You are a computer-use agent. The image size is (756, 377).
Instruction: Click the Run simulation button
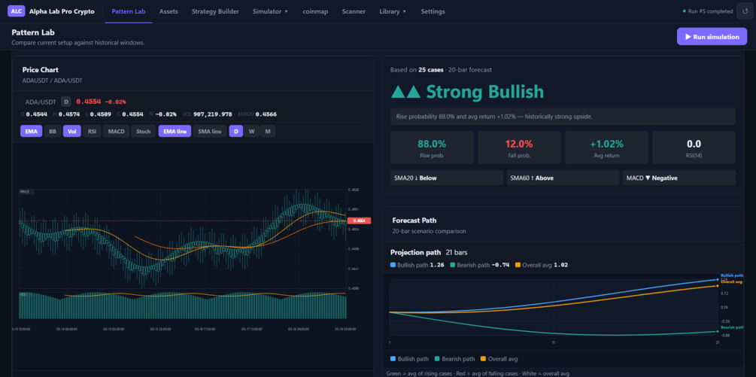tap(712, 36)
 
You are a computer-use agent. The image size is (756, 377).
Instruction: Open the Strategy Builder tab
tap(215, 11)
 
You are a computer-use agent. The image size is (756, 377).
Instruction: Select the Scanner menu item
tap(354, 11)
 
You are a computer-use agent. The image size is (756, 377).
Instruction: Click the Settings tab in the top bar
tap(433, 11)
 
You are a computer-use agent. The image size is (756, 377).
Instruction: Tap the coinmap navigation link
tap(315, 11)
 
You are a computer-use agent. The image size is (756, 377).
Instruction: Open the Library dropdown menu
tap(393, 11)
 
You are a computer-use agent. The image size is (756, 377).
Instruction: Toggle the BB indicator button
tap(52, 131)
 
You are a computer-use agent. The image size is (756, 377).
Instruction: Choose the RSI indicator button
tap(93, 131)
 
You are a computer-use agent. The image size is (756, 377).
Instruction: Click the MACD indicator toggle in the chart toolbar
tap(117, 131)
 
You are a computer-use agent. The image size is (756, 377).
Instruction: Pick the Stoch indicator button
tap(143, 131)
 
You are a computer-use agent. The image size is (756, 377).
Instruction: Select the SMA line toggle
tap(210, 131)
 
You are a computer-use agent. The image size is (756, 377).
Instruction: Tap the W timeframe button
tap(252, 131)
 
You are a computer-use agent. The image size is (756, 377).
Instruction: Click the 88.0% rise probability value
tap(432, 143)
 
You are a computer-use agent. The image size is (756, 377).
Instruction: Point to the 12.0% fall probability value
tap(519, 143)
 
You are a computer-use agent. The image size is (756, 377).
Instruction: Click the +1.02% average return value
tap(606, 143)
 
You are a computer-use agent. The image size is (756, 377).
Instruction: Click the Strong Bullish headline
tap(467, 92)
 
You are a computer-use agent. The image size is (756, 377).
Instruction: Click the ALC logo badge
tap(17, 11)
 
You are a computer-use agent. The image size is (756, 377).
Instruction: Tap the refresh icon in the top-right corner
tap(745, 11)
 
